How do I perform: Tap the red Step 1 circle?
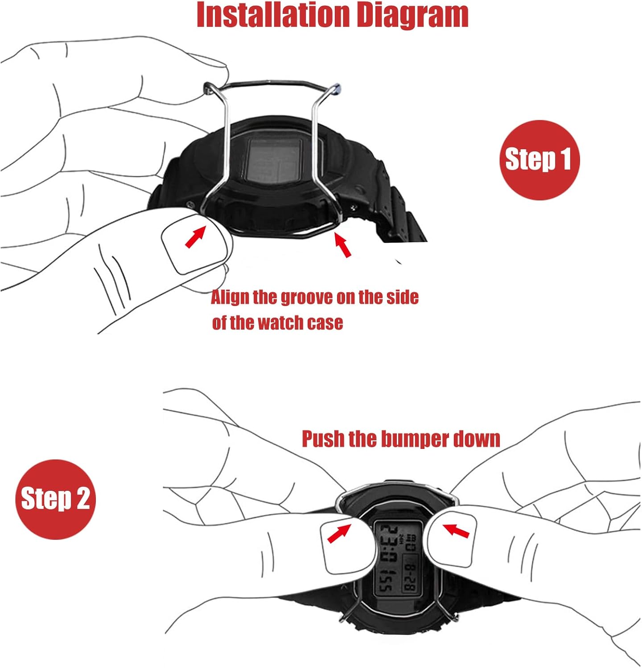click(x=539, y=160)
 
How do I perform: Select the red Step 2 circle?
click(x=56, y=499)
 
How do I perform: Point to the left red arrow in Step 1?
click(x=195, y=236)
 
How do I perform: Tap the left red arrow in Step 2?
click(x=339, y=533)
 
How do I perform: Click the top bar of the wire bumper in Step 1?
click(x=272, y=83)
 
